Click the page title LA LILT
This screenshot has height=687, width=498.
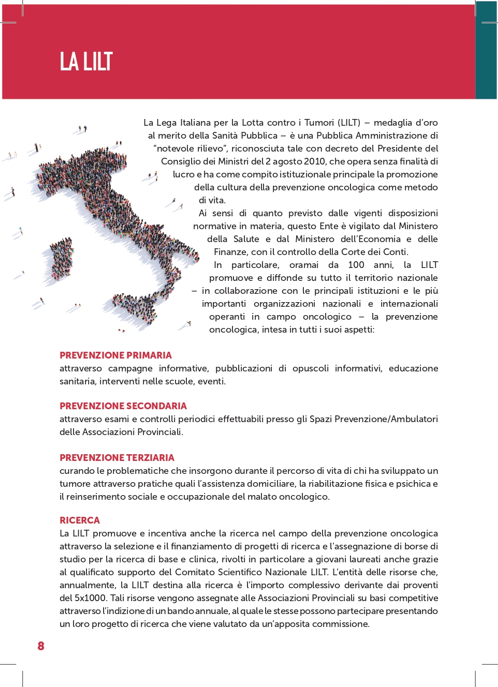86,62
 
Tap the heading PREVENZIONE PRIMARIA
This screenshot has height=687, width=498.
115,355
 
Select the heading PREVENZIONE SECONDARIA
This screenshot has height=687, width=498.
123,406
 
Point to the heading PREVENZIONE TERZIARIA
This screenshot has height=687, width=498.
116,458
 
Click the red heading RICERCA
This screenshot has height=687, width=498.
80,520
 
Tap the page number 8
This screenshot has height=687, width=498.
41,646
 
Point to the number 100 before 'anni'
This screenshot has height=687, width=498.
356,265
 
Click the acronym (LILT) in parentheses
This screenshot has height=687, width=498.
349,123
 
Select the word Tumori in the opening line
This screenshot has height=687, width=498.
319,123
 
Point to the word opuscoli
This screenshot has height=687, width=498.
310,368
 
